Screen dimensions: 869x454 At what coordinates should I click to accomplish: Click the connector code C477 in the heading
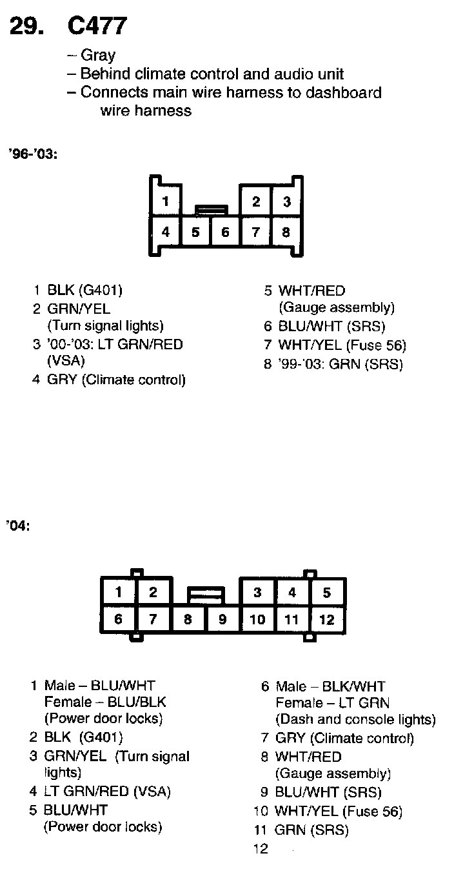coord(97,26)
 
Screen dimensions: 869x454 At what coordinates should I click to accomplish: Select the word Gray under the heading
coord(98,56)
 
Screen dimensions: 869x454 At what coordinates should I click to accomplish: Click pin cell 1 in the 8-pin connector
coord(166,201)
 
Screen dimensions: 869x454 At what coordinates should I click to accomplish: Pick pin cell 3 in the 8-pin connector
coord(286,201)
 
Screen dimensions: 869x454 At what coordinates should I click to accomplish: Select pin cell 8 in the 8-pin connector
coord(286,232)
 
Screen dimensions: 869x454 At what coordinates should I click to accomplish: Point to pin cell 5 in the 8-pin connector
coord(195,232)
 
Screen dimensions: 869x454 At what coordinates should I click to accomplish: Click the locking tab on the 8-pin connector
coord(211,209)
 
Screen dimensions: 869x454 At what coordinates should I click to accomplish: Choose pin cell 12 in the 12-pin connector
coord(327,620)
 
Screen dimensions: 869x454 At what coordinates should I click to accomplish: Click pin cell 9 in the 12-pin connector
coord(222,620)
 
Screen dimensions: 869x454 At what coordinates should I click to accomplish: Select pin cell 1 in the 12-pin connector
coord(119,592)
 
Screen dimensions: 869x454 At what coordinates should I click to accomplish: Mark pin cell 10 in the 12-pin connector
coord(257,620)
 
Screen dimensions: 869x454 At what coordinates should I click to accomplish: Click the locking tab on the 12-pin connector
coord(205,593)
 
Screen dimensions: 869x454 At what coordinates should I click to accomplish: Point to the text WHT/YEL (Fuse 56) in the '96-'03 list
coord(342,345)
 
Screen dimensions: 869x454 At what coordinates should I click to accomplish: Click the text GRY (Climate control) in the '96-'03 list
coord(116,380)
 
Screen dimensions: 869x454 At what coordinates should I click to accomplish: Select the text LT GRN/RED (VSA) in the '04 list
coord(107,791)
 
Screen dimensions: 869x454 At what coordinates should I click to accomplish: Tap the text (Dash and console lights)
coord(355,719)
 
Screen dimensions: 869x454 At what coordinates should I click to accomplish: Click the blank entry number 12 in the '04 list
coord(261,849)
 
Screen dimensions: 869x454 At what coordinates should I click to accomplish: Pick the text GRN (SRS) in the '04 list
coord(311,830)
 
